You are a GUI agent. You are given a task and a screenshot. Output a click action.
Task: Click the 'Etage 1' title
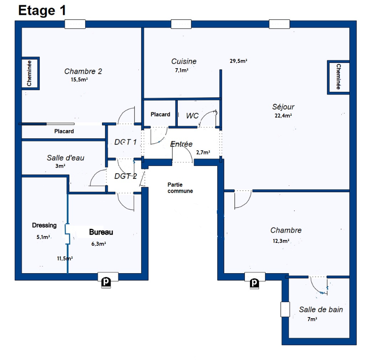click(42, 11)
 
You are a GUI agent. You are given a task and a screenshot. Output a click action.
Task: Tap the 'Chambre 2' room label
click(83, 71)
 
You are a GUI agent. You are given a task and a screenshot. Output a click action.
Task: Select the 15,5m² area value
click(79, 79)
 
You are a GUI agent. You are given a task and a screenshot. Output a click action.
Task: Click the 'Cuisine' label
click(184, 61)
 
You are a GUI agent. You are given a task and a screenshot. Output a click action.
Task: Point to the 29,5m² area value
click(238, 61)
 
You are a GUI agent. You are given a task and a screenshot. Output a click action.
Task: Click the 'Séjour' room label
click(283, 107)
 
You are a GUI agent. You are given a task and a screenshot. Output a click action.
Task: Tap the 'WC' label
click(192, 116)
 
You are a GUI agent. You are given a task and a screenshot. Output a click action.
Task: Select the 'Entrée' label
click(181, 144)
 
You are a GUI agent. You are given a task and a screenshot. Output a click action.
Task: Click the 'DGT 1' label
click(125, 142)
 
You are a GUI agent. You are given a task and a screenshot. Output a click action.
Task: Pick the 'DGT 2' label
click(125, 176)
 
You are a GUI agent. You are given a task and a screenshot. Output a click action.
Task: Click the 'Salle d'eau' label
click(66, 158)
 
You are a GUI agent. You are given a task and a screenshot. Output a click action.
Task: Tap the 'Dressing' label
click(44, 225)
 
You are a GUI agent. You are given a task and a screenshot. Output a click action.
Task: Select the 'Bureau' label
click(101, 232)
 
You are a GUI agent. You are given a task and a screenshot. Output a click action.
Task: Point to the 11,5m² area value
click(65, 258)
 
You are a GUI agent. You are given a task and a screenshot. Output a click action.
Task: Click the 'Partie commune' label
click(180, 188)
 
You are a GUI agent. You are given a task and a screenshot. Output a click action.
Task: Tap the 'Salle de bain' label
click(321, 310)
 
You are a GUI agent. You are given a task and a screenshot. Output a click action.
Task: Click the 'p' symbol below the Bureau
click(106, 282)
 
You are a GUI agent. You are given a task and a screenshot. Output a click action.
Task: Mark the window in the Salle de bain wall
click(285, 309)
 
